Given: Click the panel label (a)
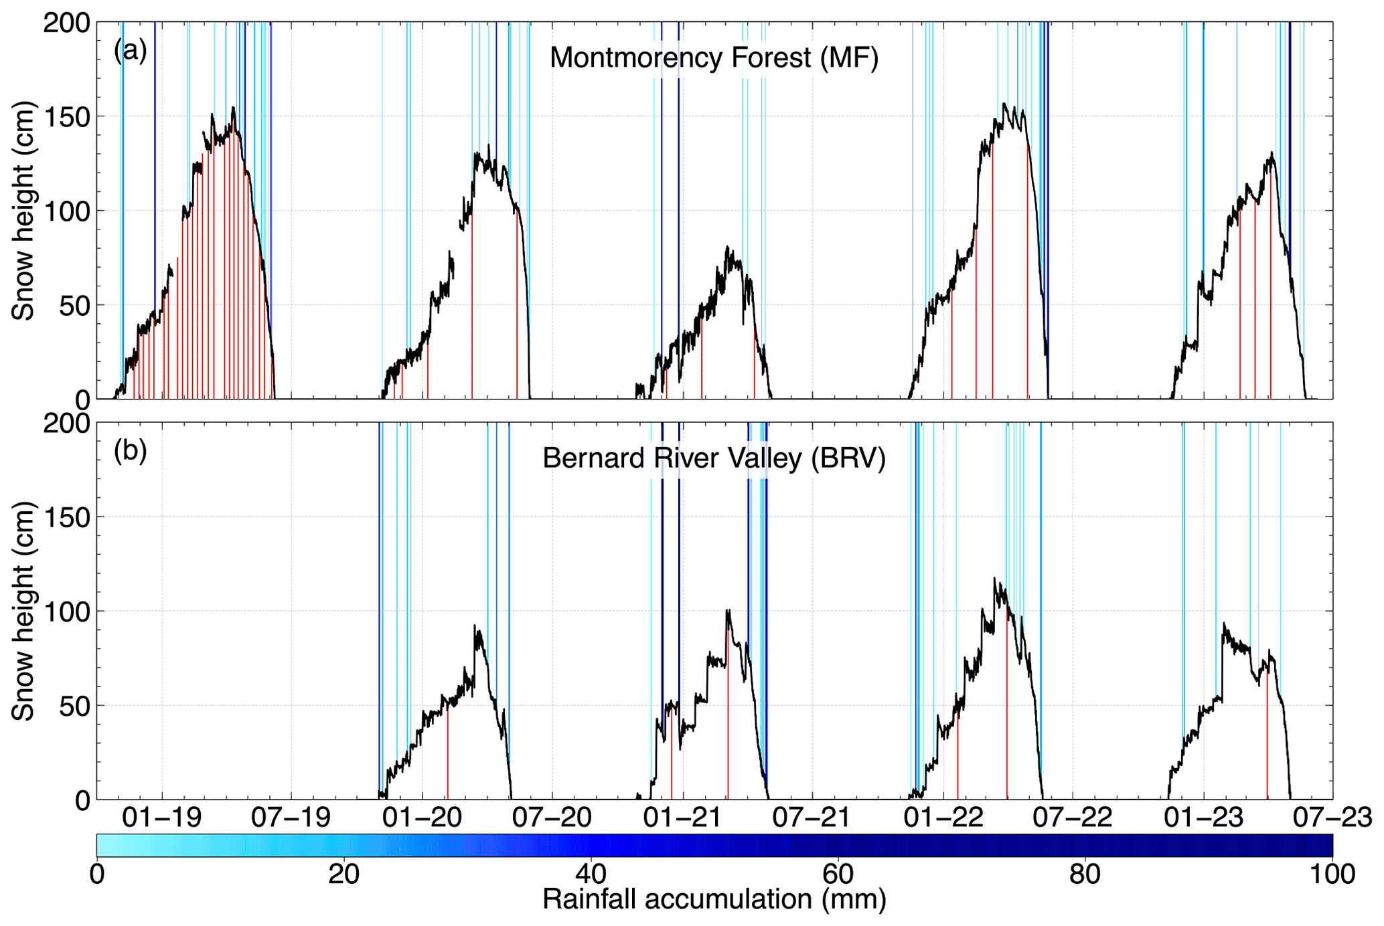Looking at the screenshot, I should pos(130,51).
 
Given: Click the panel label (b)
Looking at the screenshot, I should pos(130,451).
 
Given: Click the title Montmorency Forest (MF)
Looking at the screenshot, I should pos(714,58).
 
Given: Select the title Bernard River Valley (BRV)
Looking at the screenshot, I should pos(714,459).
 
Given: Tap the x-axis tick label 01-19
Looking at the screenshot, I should pos(161,818).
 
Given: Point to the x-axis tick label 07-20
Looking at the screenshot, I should pos(552,818).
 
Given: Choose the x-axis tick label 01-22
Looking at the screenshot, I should pos(943,818).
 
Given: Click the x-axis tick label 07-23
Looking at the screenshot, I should pos(1332,818).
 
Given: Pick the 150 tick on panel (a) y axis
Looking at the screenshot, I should pos(66,117).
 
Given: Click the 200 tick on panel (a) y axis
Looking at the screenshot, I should pos(66,23).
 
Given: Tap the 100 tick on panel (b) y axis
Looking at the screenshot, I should pos(66,612).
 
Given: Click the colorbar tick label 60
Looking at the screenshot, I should pos(838,874).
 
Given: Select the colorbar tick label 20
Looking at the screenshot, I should pos(344,874).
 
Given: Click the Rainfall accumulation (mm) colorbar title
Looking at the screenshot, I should pos(714,900).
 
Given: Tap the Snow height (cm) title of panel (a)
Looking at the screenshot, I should pos(23,211).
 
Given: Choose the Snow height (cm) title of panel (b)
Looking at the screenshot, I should pos(23,612).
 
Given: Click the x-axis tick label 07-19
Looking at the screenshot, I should pos(291,818).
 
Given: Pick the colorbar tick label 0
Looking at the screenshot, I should pos(98,874).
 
